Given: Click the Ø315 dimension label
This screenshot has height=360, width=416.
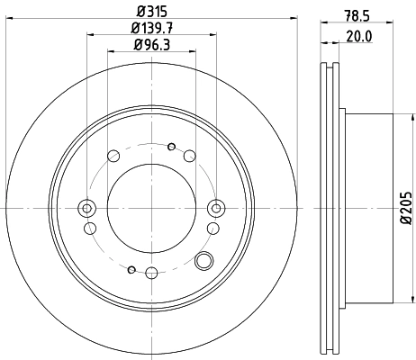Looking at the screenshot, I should (x=151, y=12).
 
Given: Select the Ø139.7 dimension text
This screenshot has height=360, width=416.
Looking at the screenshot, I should (x=151, y=29).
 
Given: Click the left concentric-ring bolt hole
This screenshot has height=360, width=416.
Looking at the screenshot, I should (x=87, y=209).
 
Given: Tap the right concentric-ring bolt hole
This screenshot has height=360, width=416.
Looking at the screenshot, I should (x=215, y=209).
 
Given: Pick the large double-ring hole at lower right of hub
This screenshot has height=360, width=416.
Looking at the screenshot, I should (x=204, y=262).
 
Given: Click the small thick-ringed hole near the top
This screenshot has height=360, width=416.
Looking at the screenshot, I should (x=172, y=146).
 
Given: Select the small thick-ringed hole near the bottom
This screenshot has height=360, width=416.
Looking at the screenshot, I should (x=131, y=269).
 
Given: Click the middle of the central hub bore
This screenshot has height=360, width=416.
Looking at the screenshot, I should (x=151, y=209).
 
